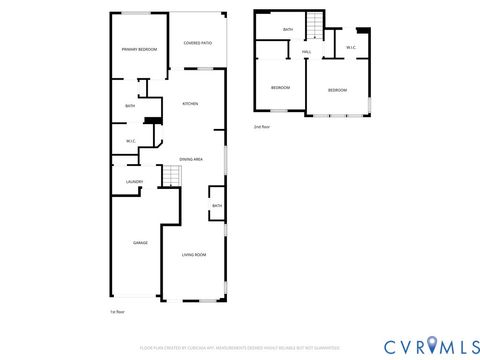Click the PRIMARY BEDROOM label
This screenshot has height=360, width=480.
[x=140, y=49]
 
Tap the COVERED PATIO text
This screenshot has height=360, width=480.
[x=198, y=43]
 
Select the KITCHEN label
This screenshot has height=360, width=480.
[x=190, y=104]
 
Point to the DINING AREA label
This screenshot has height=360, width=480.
[x=191, y=159]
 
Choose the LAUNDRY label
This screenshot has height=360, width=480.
[x=134, y=181]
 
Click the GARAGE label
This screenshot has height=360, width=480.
[x=141, y=243]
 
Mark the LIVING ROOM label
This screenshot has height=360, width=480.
[x=194, y=255]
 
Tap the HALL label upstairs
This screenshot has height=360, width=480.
[x=306, y=51]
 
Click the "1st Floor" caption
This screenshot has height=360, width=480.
[x=116, y=312]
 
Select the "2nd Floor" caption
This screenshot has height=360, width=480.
[x=263, y=127]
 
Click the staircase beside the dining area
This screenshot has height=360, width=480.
[x=171, y=177]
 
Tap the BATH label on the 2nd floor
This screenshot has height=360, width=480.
[x=288, y=30]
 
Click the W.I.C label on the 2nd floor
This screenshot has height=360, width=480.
[x=351, y=47]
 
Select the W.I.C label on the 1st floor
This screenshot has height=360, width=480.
[x=131, y=141]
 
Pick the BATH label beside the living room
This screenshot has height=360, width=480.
[x=217, y=206]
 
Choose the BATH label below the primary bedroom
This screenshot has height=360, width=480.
[x=130, y=106]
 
